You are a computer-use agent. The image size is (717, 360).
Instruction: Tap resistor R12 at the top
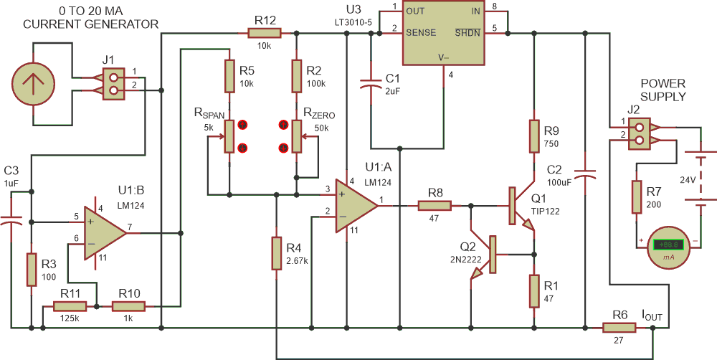tap(264, 32)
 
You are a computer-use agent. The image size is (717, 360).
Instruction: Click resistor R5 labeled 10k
tap(229, 77)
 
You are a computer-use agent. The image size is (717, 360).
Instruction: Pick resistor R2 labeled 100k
tap(297, 77)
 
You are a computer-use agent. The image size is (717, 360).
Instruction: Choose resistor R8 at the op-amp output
tap(435, 206)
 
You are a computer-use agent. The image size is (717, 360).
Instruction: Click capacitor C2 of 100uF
tap(586, 175)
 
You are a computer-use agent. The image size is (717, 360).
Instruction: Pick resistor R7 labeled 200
tap(636, 196)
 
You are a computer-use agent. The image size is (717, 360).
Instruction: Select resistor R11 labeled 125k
tap(70, 306)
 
